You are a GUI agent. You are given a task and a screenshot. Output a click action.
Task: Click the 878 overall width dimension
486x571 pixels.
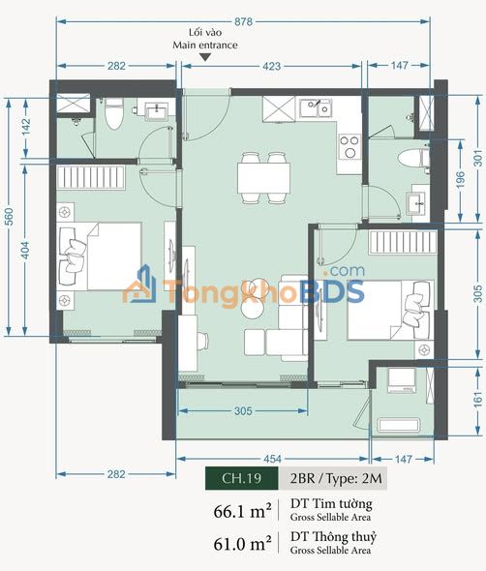tap(243, 22)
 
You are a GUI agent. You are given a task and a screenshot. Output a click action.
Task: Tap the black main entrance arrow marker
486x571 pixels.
tap(206, 57)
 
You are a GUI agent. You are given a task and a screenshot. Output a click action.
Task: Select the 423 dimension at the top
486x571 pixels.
tap(272, 66)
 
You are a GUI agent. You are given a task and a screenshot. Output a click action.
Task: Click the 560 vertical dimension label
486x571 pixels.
tap(9, 217)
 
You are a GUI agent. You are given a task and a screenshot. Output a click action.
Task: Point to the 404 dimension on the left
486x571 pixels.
tap(25, 251)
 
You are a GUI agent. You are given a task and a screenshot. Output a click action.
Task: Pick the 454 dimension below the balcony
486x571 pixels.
tap(272, 459)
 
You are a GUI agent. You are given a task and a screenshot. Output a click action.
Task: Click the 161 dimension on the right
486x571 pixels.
tap(478, 400)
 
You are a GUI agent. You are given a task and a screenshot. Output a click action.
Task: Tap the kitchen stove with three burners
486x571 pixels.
tap(349, 146)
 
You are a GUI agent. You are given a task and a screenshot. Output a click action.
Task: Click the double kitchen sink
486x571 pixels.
tap(316, 107)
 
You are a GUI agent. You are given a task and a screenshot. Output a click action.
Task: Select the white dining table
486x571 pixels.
tap(263, 178)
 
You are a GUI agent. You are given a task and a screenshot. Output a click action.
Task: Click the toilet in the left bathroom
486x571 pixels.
tap(113, 113)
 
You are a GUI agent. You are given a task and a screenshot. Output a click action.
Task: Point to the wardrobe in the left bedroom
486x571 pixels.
tap(91, 177)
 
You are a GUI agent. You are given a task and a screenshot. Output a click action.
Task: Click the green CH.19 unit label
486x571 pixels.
tap(241, 478)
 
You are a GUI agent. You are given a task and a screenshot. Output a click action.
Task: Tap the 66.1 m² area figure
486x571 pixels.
tap(242, 511)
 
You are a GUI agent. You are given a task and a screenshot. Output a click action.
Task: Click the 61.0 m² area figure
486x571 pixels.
tap(242, 544)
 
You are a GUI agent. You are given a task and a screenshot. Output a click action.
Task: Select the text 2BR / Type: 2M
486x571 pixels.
tap(336, 478)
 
